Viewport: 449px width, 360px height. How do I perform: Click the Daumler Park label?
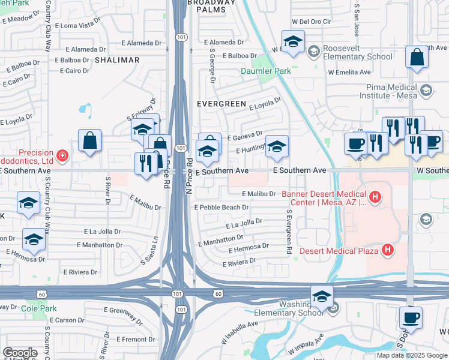click(266, 71)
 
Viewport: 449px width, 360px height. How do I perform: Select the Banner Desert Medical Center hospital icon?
click(375, 196)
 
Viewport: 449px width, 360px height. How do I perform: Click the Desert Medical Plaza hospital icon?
click(388, 250)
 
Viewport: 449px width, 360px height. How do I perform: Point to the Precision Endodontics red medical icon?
click(62, 157)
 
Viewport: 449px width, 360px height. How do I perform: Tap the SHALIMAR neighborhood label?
click(116, 60)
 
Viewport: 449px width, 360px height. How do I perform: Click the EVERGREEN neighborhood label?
click(221, 104)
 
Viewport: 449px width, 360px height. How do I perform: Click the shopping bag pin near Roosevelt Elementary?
click(416, 59)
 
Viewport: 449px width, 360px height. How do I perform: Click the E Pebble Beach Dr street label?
click(221, 208)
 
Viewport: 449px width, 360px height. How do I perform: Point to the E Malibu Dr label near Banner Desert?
click(259, 194)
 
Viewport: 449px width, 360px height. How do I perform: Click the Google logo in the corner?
click(20, 352)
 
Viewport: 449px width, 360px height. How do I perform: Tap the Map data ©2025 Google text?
click(412, 355)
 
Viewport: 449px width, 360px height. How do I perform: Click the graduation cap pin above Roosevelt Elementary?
click(293, 42)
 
